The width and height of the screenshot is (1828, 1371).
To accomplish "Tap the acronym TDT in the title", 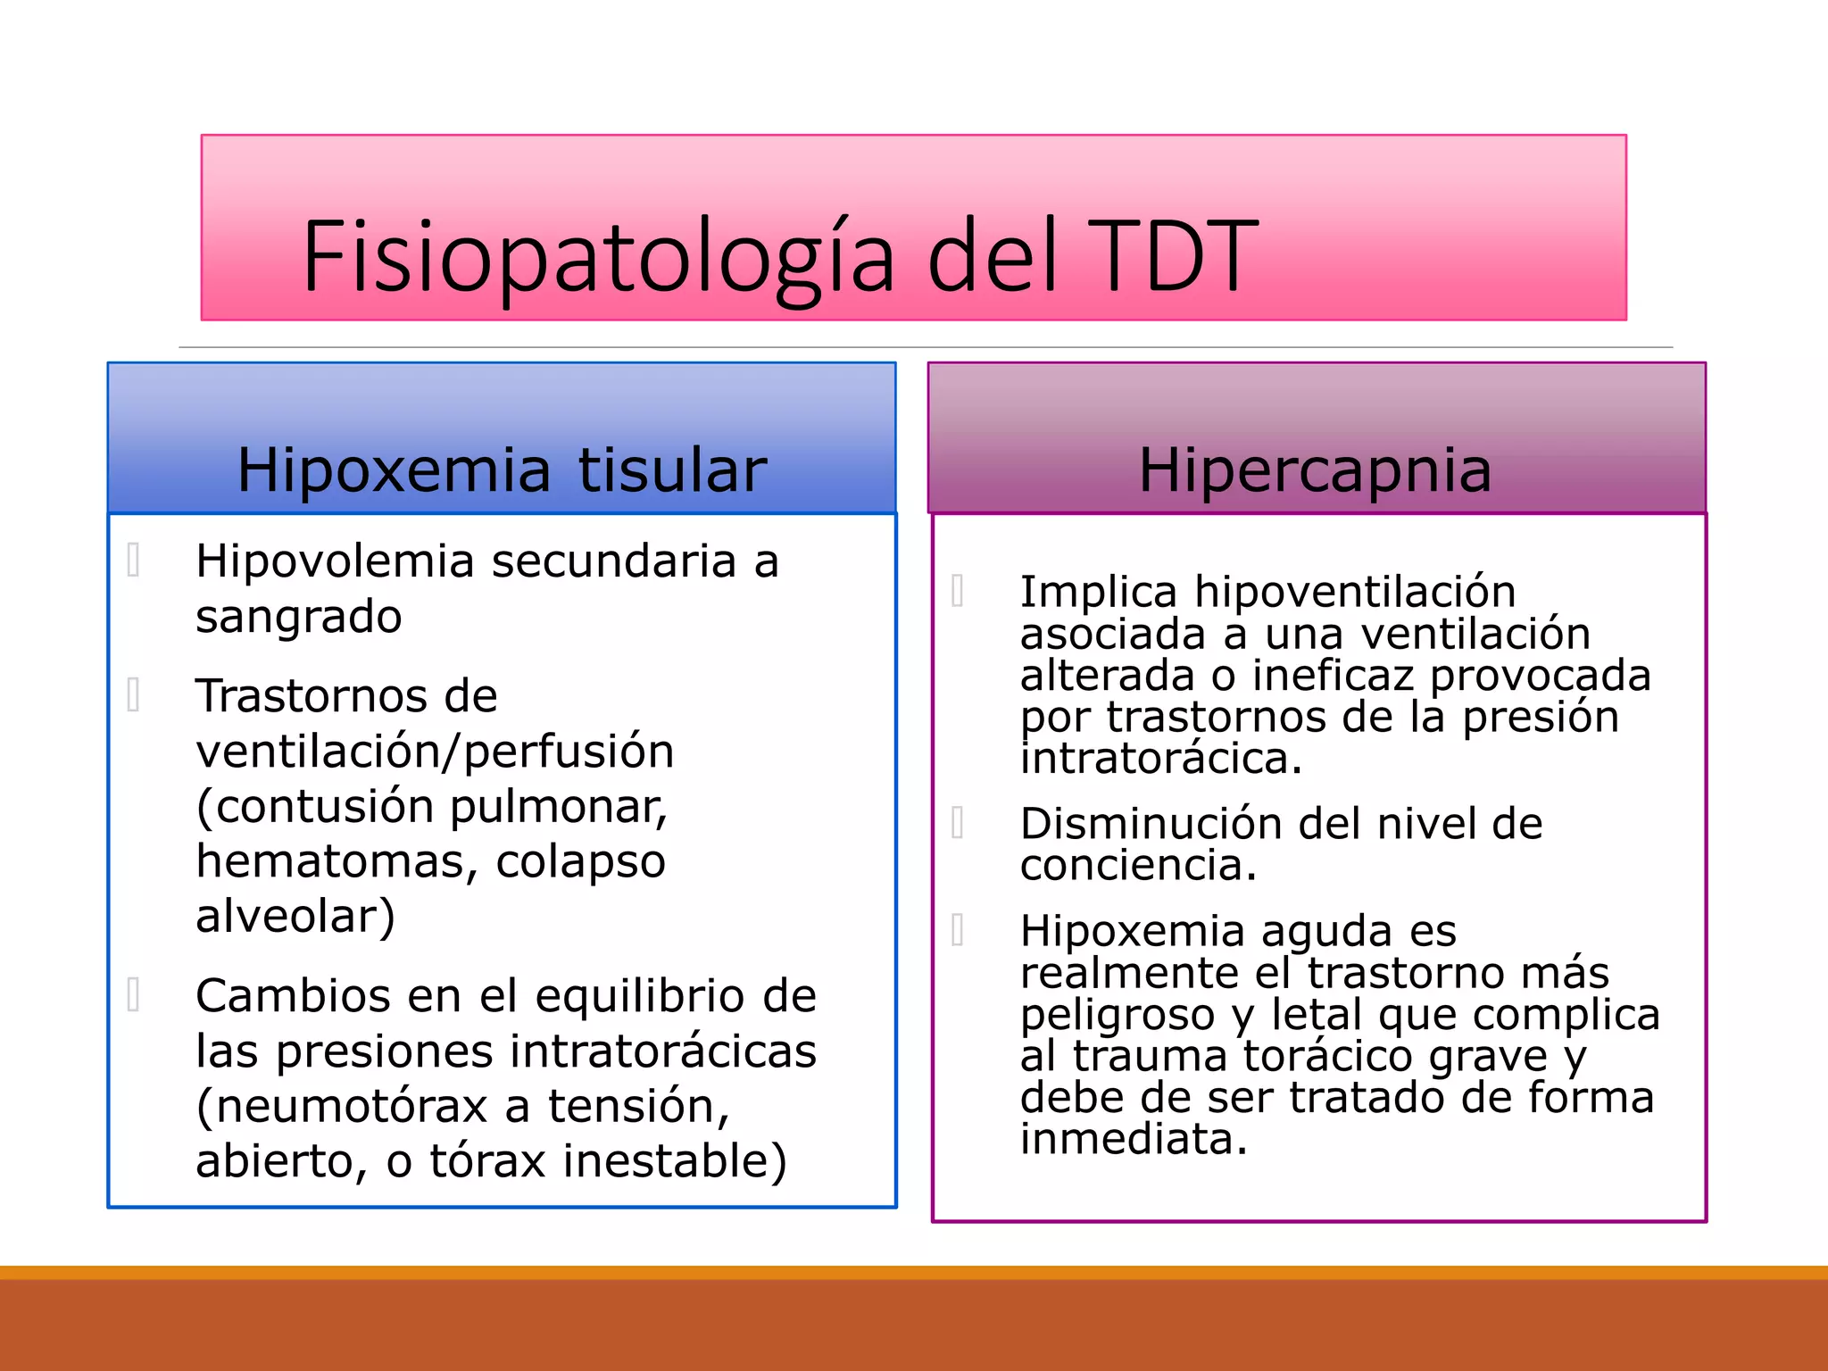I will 1170,257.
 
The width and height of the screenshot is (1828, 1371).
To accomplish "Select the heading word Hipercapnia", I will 1315,469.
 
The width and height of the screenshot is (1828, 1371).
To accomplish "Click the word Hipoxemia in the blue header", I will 394,470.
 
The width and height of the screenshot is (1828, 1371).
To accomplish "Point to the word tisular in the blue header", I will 672,470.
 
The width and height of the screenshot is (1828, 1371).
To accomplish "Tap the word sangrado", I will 299,618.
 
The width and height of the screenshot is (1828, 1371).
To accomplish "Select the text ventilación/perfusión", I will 435,751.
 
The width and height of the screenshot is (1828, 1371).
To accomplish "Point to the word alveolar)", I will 295,917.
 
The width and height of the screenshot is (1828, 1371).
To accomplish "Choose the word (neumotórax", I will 342,1107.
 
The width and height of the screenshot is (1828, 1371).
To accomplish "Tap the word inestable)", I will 675,1161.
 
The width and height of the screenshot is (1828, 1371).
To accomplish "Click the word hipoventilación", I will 1355,593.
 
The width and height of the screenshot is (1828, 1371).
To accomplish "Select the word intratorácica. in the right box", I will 1161,759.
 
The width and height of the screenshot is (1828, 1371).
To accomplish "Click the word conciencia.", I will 1138,866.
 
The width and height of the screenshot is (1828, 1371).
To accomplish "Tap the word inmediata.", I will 1134,1140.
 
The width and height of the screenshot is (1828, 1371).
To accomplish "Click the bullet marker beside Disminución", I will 958,823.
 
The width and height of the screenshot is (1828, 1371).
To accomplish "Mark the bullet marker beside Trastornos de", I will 134,695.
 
